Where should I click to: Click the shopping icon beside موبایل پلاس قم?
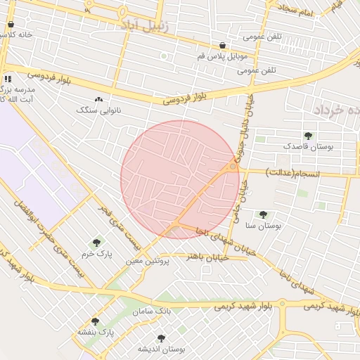(x=222, y=45)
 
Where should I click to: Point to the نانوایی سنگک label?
(x=98, y=110)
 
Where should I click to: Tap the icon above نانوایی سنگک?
(x=98, y=101)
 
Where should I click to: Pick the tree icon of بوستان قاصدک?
(x=307, y=135)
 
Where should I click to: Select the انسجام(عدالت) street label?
(x=292, y=173)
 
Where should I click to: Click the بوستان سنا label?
(x=263, y=226)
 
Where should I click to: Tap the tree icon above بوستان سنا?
(x=263, y=214)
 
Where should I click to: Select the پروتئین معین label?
(x=144, y=260)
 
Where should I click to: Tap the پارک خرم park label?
(x=96, y=252)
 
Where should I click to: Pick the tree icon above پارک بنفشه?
(x=95, y=321)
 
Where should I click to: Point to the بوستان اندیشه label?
(x=162, y=349)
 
